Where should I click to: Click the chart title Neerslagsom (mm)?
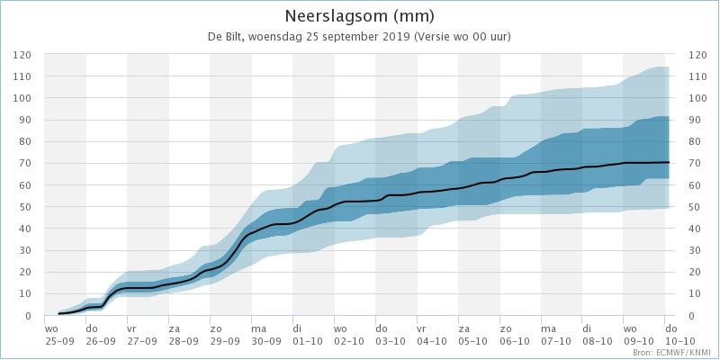359,16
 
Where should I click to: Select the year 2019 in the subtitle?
398,38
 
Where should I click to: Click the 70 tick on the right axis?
695,164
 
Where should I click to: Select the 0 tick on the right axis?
692,316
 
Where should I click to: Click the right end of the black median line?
669,163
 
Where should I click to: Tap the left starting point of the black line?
58,313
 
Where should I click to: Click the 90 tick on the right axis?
695,120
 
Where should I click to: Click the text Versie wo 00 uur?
462,38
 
